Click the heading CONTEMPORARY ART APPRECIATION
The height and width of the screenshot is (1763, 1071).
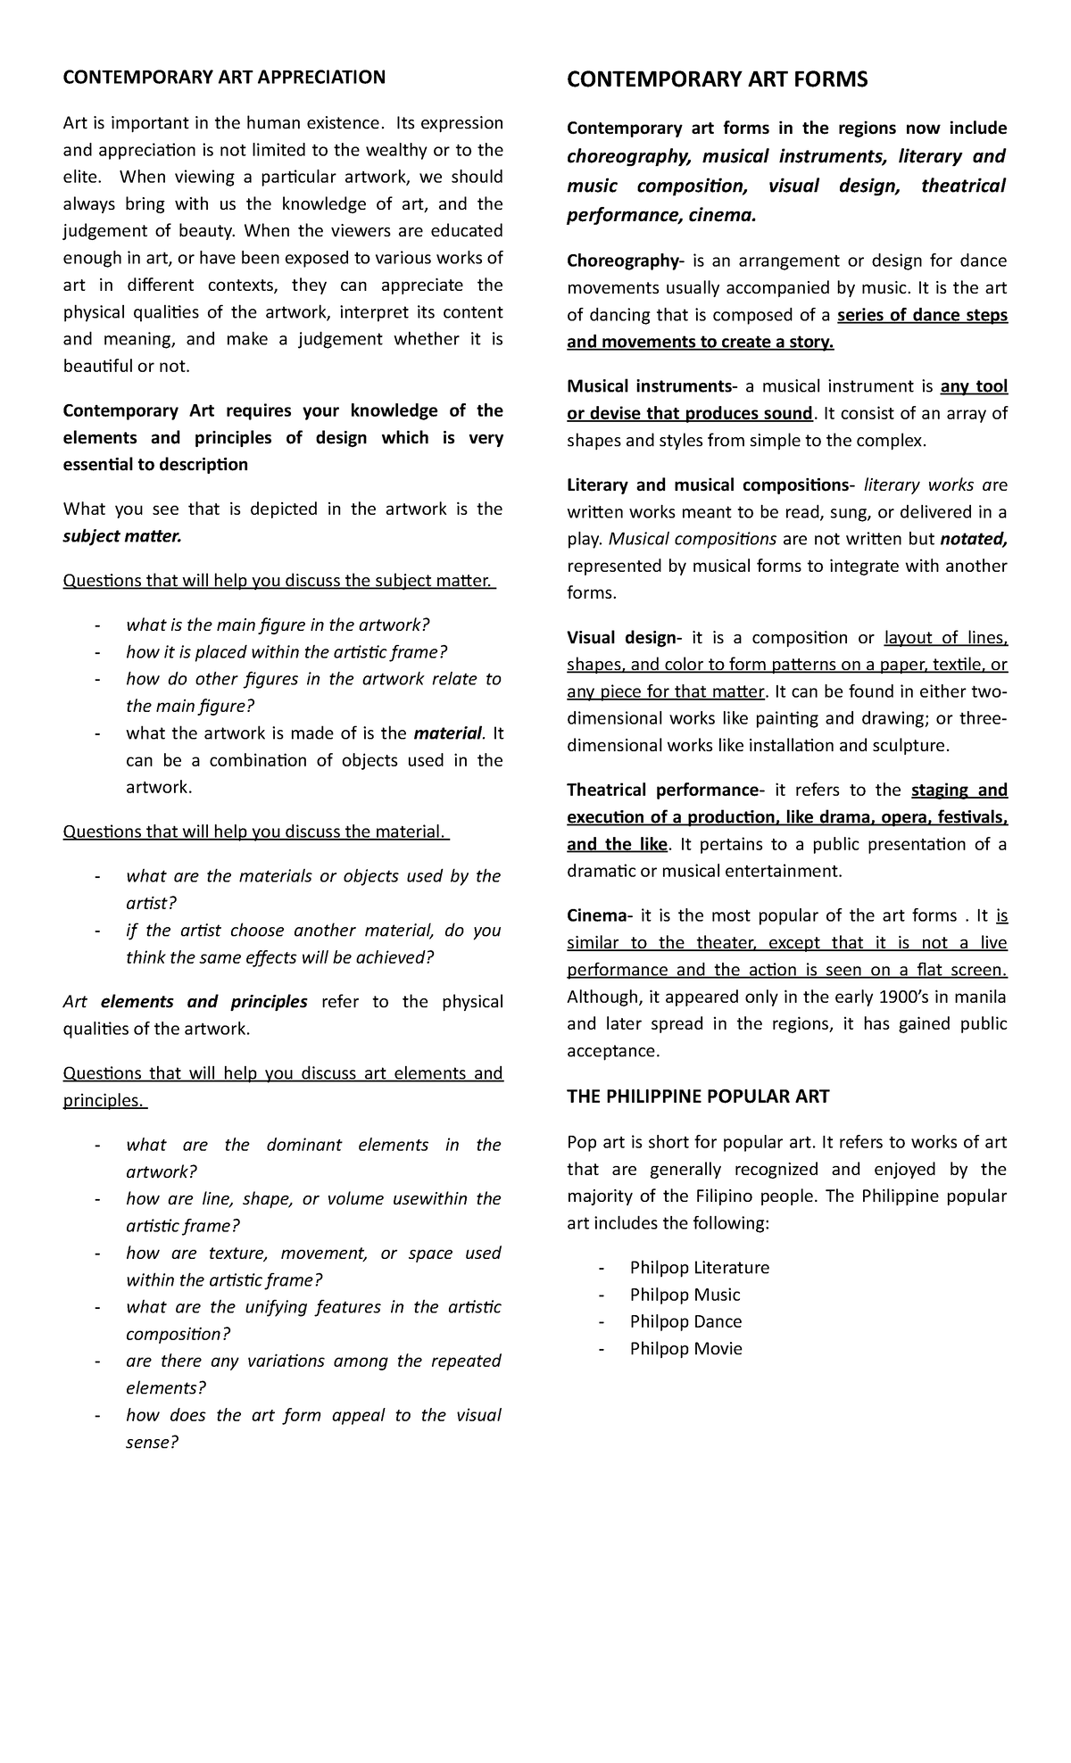tap(223, 77)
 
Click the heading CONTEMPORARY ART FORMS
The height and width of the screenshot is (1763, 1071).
tap(717, 80)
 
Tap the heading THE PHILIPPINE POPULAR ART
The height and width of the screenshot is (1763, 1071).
tap(698, 1097)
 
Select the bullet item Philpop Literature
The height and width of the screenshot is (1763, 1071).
tap(699, 1267)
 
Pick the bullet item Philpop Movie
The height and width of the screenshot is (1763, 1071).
tap(685, 1348)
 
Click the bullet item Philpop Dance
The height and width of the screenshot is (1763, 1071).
tap(685, 1321)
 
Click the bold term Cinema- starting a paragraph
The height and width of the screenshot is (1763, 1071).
tap(601, 915)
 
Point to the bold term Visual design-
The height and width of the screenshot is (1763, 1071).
tap(626, 637)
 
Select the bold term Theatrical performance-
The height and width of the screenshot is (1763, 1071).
tap(666, 790)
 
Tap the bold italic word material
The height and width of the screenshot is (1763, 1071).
tap(447, 733)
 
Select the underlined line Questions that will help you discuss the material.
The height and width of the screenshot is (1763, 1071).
tap(254, 832)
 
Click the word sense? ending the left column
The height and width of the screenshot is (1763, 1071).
tap(153, 1442)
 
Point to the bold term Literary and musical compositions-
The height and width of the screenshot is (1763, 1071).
tap(711, 484)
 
